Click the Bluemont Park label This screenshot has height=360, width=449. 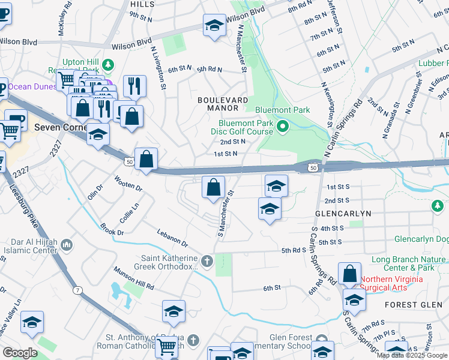point(282,110)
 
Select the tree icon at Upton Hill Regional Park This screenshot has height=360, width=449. point(108,64)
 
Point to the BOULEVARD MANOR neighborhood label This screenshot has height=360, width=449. point(223,104)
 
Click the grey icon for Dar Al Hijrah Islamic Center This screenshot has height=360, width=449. point(65,244)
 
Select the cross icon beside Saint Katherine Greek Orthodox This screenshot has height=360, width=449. point(206,261)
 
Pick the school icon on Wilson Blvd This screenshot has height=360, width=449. point(214,25)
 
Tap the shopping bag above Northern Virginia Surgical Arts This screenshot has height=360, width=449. point(349,274)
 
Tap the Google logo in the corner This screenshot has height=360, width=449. point(19,353)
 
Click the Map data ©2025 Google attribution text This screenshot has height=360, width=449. point(412,355)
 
